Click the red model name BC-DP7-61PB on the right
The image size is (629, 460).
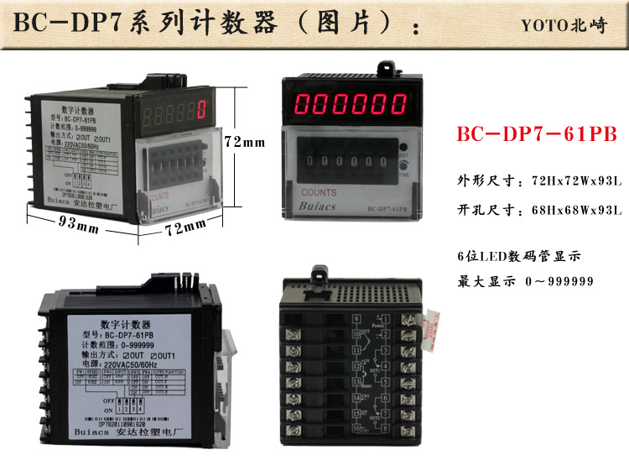click(536, 135)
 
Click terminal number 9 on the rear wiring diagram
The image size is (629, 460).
click(357, 318)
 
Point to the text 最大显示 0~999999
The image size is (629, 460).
click(525, 281)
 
